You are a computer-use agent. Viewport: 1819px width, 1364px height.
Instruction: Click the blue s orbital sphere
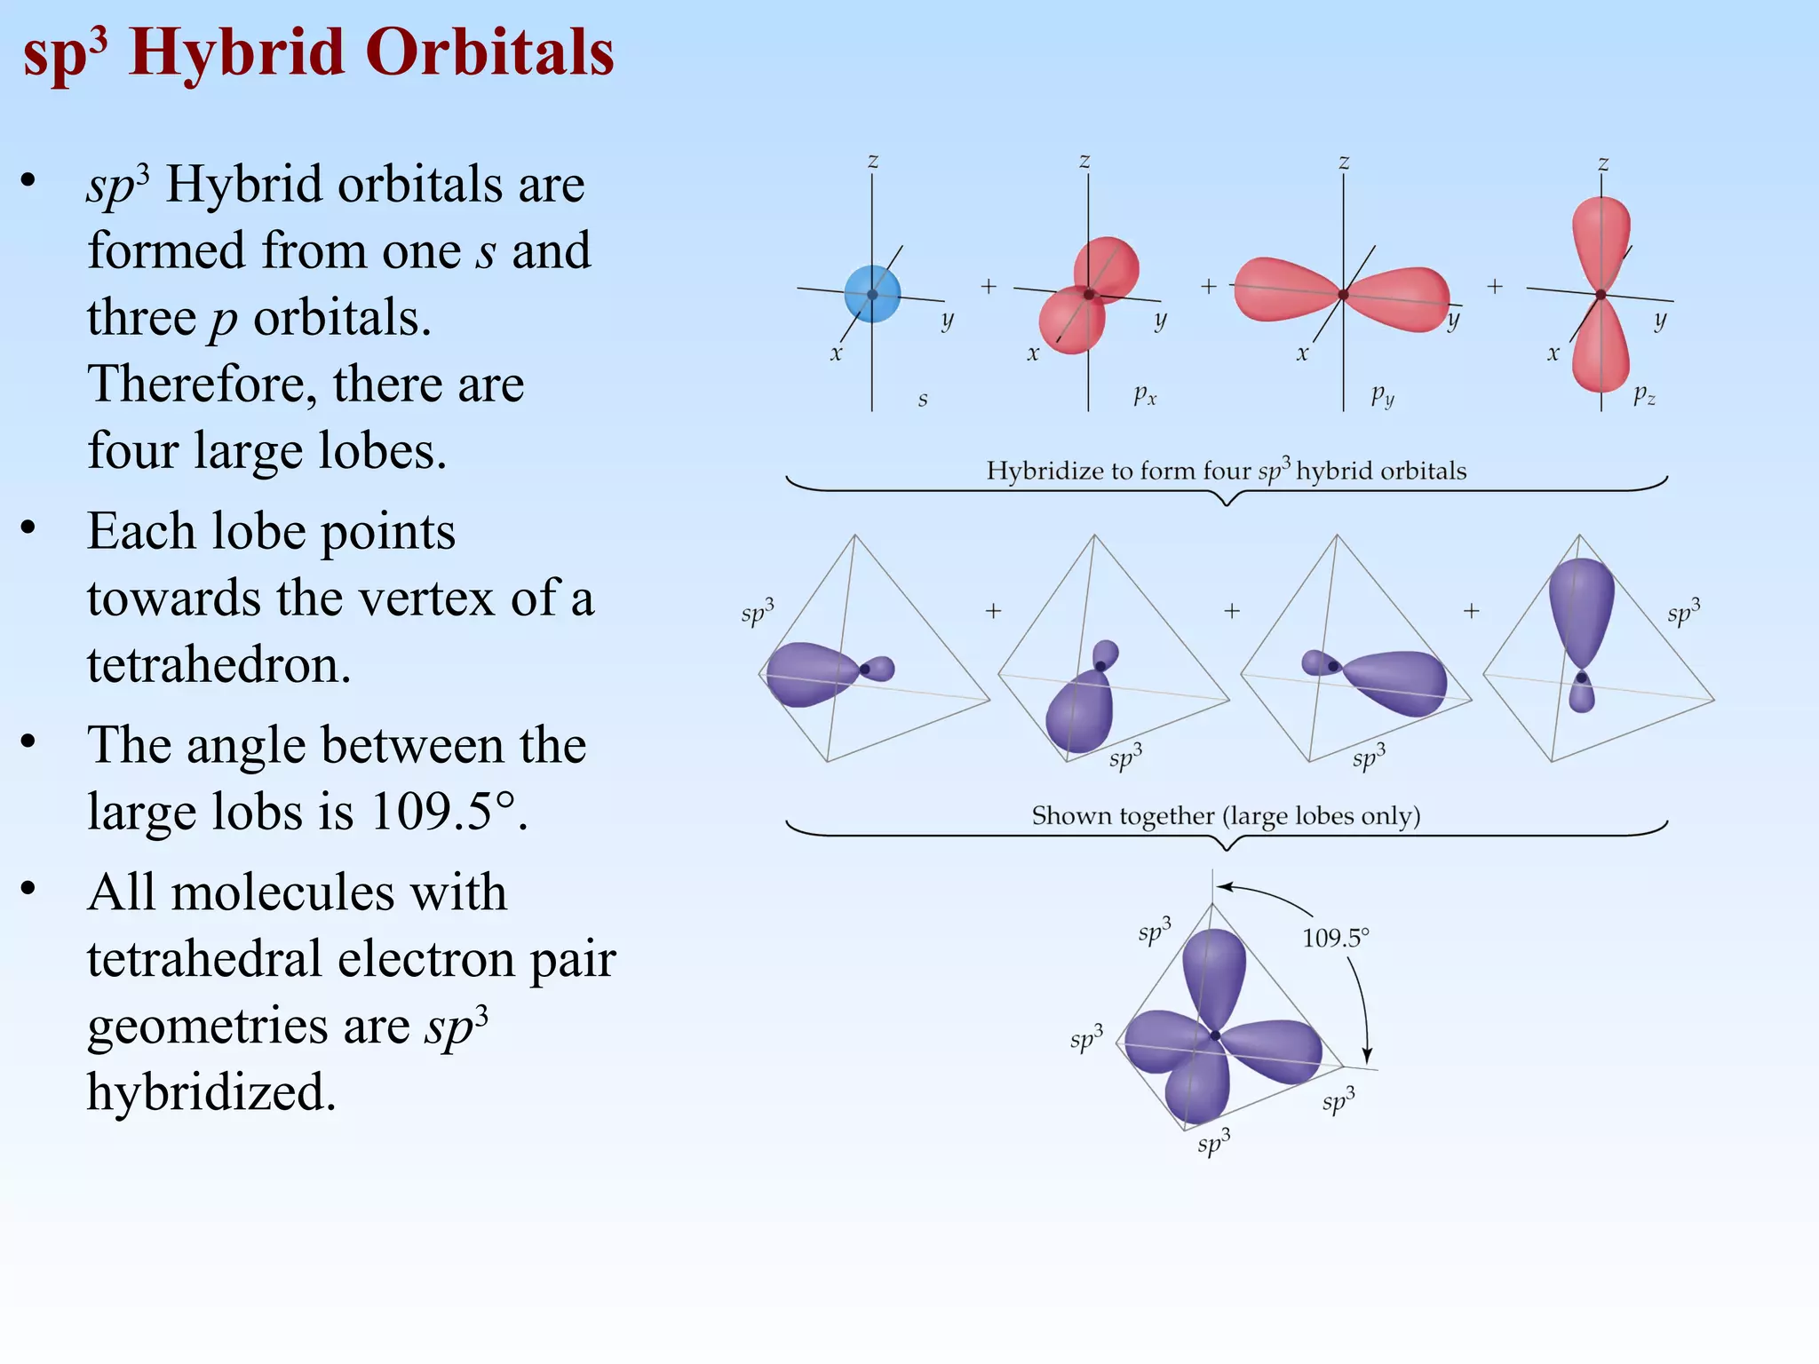[x=872, y=293]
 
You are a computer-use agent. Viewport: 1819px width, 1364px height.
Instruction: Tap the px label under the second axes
[x=1145, y=395]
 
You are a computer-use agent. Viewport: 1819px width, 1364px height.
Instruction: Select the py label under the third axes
[x=1382, y=395]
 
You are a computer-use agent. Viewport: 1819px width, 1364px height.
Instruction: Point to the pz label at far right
[x=1644, y=395]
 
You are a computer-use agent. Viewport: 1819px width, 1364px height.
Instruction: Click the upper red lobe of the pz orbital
[x=1601, y=235]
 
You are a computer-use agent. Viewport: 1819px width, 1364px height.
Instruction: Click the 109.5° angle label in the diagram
[x=1335, y=939]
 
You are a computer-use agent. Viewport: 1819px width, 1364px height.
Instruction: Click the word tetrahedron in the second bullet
[x=219, y=664]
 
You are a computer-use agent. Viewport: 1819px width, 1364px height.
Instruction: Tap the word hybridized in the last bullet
[x=211, y=1091]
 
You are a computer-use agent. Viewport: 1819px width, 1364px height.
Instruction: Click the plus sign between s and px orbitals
[x=989, y=287]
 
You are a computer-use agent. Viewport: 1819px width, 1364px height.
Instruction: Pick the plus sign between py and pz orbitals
[x=1495, y=287]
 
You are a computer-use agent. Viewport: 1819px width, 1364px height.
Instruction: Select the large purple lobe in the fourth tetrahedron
[x=1581, y=608]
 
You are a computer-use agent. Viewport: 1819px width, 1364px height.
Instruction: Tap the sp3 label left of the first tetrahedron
[x=758, y=614]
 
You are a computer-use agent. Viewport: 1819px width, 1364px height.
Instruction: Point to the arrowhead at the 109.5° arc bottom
[x=1367, y=1057]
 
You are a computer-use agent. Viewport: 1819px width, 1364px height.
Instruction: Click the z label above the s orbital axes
[x=873, y=162]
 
